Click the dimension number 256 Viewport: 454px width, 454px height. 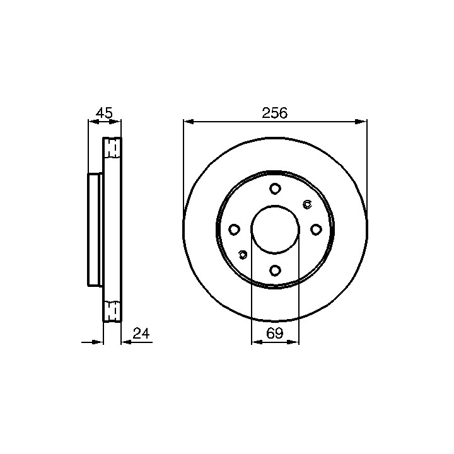coord(274,113)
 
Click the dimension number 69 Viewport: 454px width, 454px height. coord(274,334)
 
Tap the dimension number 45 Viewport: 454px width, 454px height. coord(104,113)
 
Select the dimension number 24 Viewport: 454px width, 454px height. coord(141,334)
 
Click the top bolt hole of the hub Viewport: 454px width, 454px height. coord(275,189)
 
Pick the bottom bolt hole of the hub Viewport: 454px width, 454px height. coord(275,271)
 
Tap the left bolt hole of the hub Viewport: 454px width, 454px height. coord(234,230)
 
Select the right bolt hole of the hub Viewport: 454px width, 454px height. coord(316,230)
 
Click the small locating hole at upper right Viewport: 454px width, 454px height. coord(307,204)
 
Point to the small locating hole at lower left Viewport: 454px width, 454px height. coord(243,255)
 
